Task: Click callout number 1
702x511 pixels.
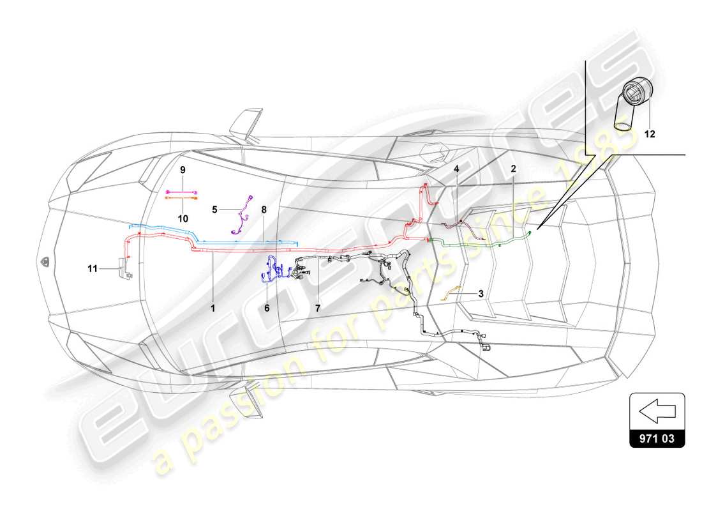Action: [214, 307]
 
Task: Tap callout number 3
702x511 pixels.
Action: [480, 294]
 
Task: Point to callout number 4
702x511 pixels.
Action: [457, 169]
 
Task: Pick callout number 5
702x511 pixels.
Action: [215, 208]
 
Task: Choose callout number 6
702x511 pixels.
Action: [267, 307]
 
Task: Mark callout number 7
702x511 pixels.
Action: [317, 307]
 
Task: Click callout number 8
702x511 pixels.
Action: [264, 208]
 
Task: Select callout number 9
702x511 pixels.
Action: [182, 170]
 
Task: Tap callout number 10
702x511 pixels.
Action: [182, 218]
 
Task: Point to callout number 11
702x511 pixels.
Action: [93, 269]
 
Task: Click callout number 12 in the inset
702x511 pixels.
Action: [649, 134]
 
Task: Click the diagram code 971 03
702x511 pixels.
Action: [657, 439]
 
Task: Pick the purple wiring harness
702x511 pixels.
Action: [241, 214]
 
